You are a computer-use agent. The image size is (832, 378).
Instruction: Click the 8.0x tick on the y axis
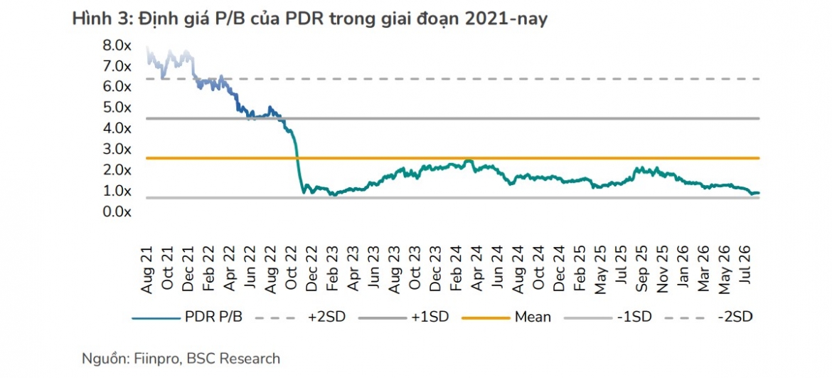[117, 46]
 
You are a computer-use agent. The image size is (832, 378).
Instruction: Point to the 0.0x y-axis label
[117, 212]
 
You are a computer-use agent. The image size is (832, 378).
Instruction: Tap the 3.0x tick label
[117, 149]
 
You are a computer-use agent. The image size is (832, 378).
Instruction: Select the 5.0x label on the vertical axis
[117, 108]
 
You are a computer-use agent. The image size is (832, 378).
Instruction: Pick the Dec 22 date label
[313, 268]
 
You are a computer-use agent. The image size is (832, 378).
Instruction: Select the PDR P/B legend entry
[188, 317]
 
